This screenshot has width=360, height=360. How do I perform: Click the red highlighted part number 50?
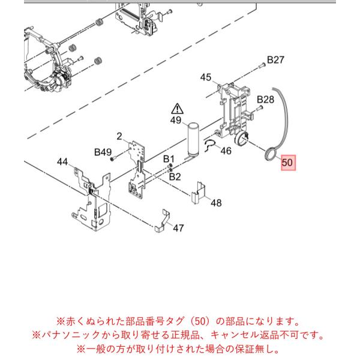[288, 163]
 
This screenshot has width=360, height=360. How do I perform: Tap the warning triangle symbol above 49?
[177, 109]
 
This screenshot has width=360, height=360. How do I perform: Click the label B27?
[275, 60]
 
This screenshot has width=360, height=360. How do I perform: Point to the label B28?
[265, 100]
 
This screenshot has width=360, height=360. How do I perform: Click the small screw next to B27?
[261, 65]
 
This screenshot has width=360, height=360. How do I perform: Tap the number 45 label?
[205, 77]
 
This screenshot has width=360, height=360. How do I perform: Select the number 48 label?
[216, 203]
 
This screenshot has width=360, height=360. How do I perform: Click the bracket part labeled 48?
[198, 193]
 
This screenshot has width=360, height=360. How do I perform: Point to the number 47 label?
[178, 228]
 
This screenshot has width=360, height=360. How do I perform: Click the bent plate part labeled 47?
[163, 221]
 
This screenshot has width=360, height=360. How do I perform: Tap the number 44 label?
[62, 162]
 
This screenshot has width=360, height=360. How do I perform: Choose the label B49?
[103, 152]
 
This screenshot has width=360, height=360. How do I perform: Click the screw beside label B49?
[113, 158]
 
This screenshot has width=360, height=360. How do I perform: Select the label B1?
[169, 159]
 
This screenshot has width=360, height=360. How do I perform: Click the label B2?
[175, 177]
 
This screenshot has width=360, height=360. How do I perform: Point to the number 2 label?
[119, 136]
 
